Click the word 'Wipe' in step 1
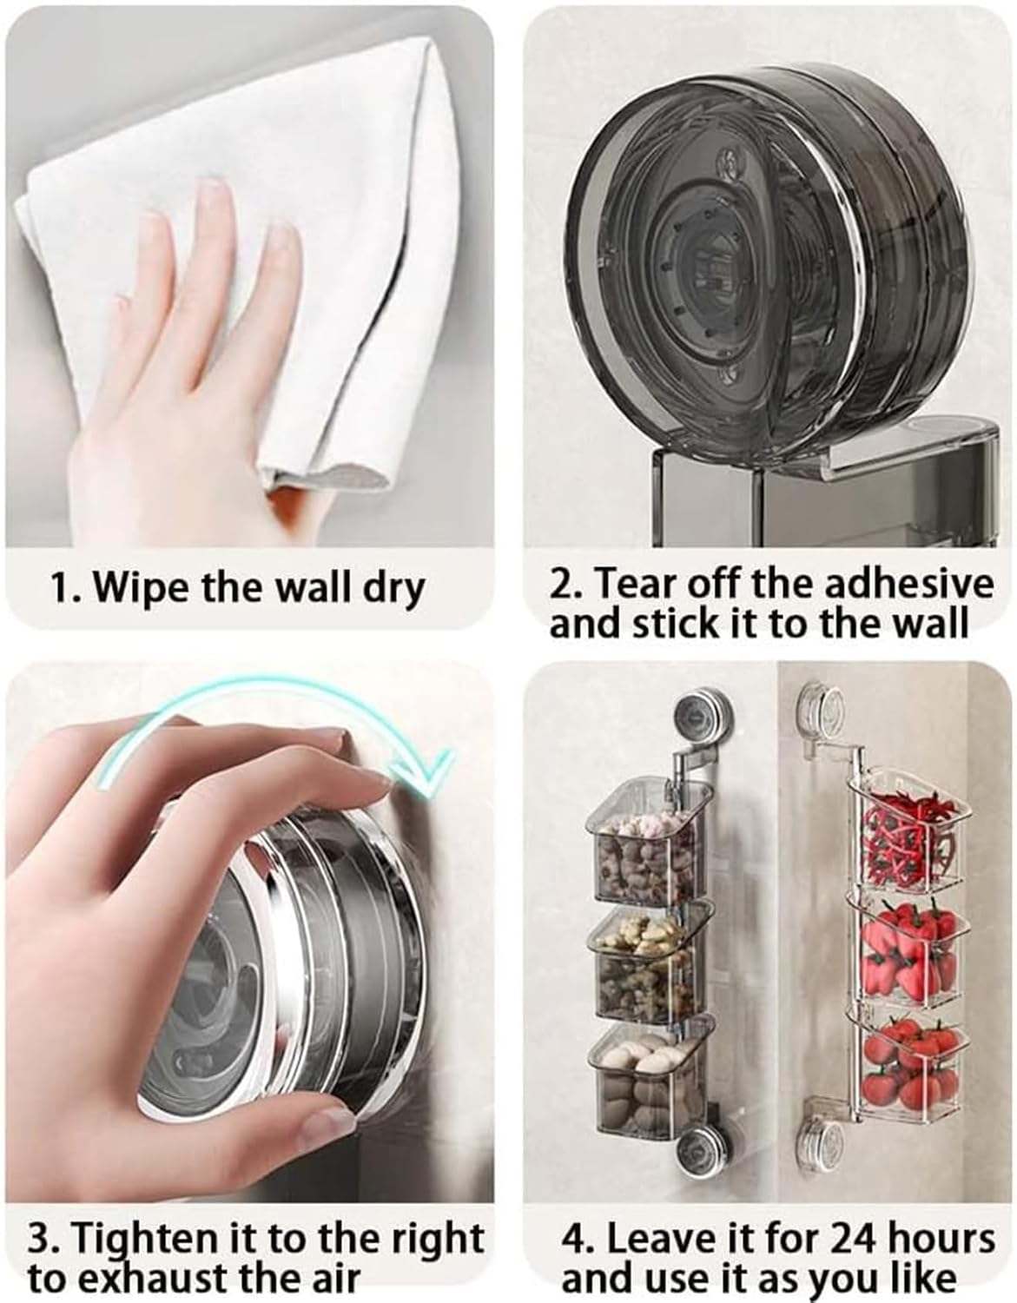pyautogui.click(x=140, y=588)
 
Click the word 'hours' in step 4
pyautogui.click(x=934, y=1238)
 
